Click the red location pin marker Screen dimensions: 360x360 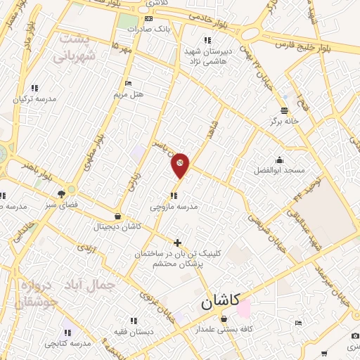pyautogui.click(x=181, y=165)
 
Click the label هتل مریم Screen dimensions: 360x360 pyautogui.click(x=128, y=94)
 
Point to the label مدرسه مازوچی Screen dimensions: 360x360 pyautogui.click(x=174, y=207)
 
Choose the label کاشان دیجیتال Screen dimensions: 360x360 pyautogui.click(x=117, y=226)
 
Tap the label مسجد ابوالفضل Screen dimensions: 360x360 pyautogui.click(x=280, y=170)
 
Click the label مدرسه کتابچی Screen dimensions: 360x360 pyautogui.click(x=67, y=343)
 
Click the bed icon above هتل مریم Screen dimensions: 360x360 pyautogui.click(x=128, y=83)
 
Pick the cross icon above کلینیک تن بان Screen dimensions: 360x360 pyautogui.click(x=177, y=243)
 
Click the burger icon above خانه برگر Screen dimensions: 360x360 pyautogui.click(x=284, y=110)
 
